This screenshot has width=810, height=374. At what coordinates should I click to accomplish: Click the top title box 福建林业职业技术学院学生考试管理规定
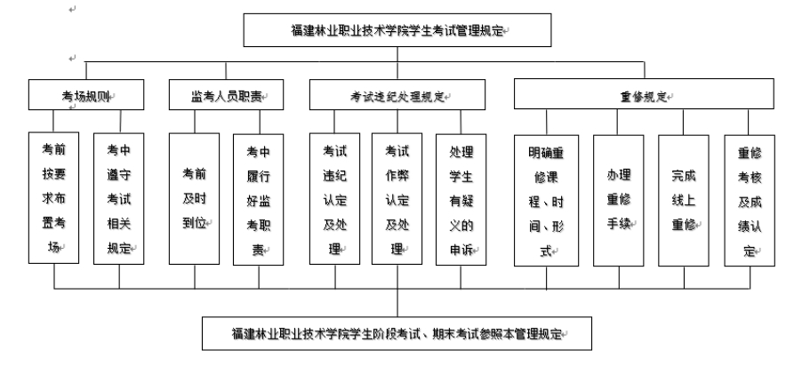coord(397,30)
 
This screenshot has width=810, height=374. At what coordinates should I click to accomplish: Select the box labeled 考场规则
coord(86,95)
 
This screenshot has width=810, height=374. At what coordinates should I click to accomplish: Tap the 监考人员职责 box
coord(226,95)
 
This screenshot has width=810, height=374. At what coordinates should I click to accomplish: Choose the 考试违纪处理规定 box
coord(397,95)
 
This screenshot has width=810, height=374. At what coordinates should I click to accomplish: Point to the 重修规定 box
coord(644,94)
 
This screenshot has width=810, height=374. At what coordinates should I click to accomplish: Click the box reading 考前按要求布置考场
coord(53,198)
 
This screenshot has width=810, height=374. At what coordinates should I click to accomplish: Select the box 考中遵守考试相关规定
coord(119,199)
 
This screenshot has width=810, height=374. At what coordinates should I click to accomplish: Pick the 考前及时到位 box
coord(194,199)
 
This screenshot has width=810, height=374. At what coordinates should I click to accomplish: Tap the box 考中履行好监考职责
coord(258,200)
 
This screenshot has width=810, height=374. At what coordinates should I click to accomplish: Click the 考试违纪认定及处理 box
coord(334,199)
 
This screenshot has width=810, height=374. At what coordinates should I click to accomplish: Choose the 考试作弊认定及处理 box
coord(397,199)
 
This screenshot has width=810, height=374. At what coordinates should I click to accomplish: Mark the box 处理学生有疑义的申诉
coord(461,200)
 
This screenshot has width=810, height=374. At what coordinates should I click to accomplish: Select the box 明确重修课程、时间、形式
coord(546,201)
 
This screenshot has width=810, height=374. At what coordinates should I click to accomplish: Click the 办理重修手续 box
coord(618,201)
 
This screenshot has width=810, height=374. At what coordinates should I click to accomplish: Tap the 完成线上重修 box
coord(684,201)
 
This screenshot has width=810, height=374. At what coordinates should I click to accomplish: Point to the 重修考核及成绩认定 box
coord(750,201)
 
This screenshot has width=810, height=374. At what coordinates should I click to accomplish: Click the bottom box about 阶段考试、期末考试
coord(397,334)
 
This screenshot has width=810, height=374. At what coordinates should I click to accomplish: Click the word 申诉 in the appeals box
coord(461,251)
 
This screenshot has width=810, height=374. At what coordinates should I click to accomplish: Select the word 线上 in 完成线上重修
coord(684,201)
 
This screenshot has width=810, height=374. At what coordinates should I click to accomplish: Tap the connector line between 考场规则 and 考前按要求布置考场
coord(53,121)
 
